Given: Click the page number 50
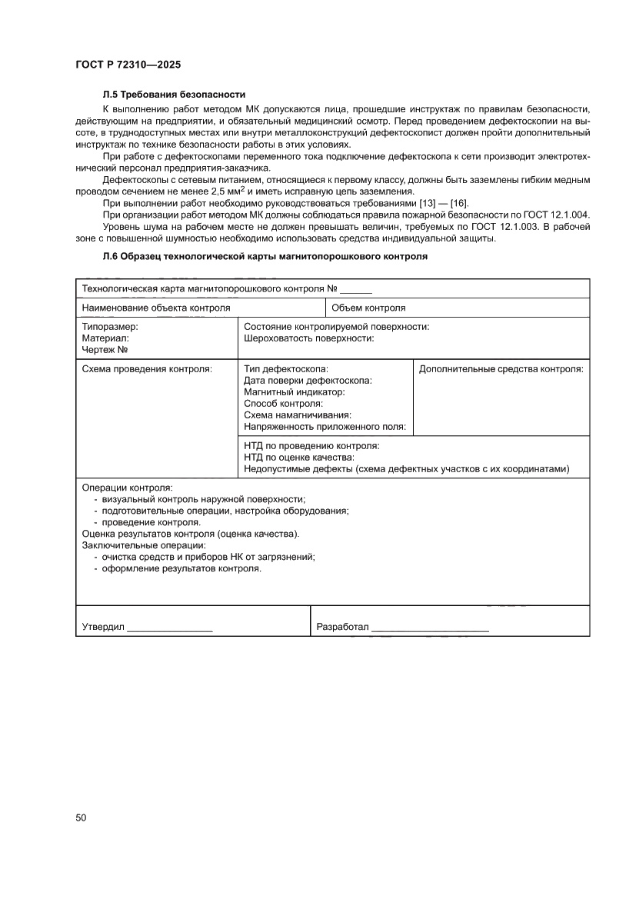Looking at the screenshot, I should click(81, 817).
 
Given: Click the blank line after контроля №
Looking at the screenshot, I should click(355, 290).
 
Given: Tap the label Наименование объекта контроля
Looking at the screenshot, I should click(156, 308).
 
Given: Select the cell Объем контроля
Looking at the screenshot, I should click(368, 308).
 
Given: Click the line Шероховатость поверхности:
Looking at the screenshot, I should click(309, 338).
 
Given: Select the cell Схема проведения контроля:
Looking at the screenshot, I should click(147, 369).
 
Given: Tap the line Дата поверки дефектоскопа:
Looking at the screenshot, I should click(308, 381).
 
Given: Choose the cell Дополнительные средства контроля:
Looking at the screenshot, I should click(501, 369).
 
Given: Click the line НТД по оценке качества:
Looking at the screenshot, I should click(299, 458).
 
